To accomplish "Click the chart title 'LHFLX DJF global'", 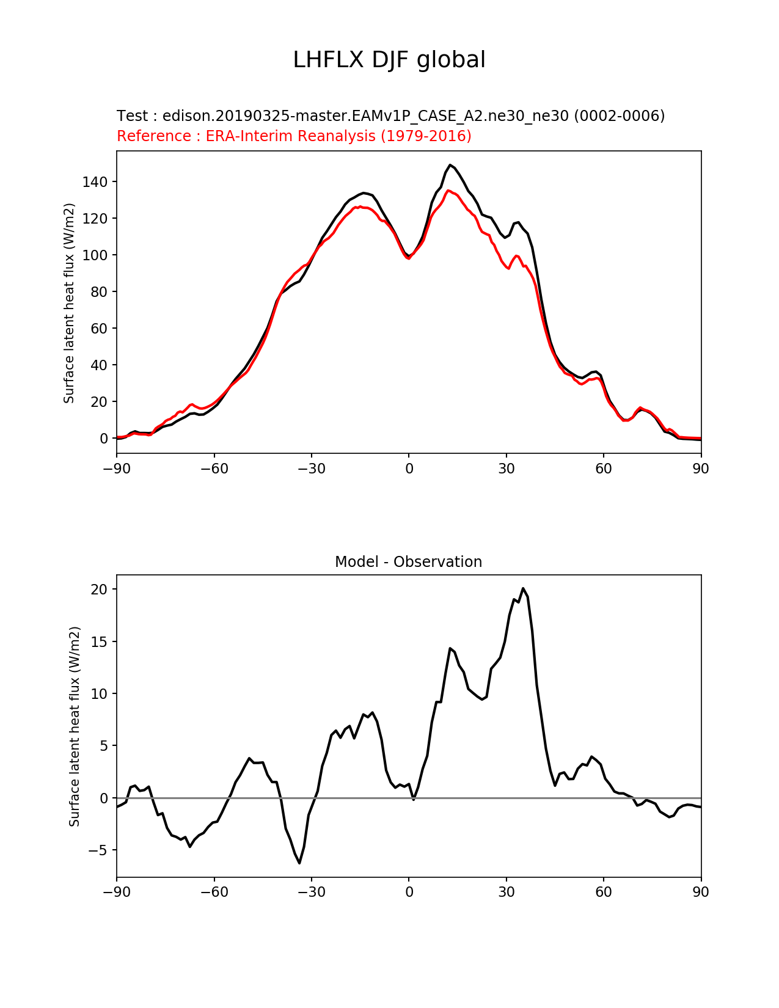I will [389, 60].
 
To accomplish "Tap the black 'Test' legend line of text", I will [390, 115].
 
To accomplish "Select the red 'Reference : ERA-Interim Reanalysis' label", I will [294, 136].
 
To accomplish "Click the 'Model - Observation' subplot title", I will [408, 562].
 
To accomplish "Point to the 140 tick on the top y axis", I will [96, 182].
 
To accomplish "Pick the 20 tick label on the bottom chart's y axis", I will [100, 590].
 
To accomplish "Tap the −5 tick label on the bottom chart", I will [98, 850].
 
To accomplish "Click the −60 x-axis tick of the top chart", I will [214, 469].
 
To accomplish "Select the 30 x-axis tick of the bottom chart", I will [506, 893].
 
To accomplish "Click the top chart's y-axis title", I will [69, 303].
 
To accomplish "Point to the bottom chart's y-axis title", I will [75, 726].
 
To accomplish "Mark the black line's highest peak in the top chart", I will [450, 165].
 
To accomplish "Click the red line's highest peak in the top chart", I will [448, 191].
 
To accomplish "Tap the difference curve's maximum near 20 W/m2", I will [523, 588].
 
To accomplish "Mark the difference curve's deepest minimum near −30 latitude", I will [299, 863].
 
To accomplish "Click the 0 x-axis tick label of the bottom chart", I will [409, 893].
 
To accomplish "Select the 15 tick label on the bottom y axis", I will [100, 642].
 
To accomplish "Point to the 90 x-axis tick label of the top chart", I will [701, 469].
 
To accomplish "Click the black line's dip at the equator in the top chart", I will [409, 256].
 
